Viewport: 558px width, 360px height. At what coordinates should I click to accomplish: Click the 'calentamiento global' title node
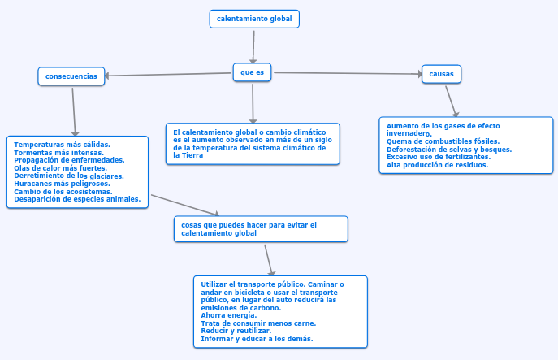click(x=254, y=18)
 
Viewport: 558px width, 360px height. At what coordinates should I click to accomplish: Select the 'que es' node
click(x=253, y=73)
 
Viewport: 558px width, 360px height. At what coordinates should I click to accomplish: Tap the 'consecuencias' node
click(x=71, y=76)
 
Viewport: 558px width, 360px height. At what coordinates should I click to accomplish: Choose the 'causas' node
click(x=441, y=74)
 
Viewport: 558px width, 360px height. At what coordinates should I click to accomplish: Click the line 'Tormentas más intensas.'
click(x=58, y=152)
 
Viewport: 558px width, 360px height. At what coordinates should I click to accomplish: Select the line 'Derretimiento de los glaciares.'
click(x=69, y=176)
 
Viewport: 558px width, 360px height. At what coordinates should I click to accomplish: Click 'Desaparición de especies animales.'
click(x=77, y=198)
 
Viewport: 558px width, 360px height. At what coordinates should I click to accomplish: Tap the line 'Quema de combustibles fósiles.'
click(x=443, y=141)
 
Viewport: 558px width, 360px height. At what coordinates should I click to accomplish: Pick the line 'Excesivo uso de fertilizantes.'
click(x=439, y=156)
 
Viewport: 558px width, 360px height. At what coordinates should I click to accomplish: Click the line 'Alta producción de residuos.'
click(x=437, y=164)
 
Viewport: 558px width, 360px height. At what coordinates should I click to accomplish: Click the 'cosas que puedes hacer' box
click(x=261, y=228)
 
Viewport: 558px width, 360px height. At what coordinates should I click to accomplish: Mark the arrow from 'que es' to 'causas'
click(x=348, y=73)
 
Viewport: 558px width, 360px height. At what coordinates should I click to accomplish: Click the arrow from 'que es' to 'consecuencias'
click(x=169, y=75)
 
